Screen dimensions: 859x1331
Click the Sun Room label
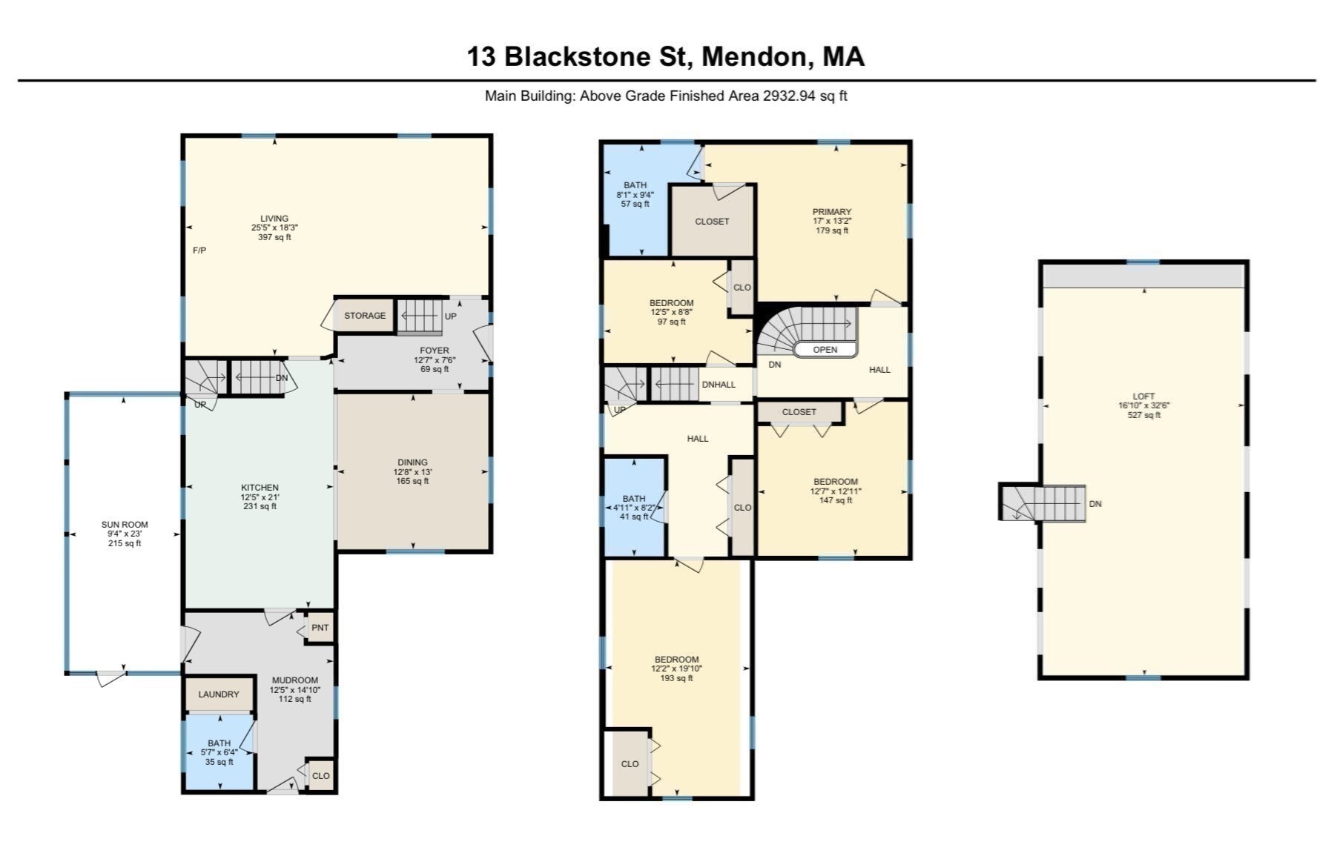click(x=125, y=525)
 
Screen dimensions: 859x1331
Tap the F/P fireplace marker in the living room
click(x=199, y=251)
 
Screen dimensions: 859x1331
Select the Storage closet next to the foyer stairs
click(x=364, y=316)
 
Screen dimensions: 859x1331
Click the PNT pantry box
click(x=320, y=628)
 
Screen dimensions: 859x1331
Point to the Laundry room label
click(x=219, y=694)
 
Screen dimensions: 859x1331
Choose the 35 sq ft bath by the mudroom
click(x=219, y=752)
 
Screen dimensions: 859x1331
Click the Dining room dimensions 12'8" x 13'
click(x=412, y=472)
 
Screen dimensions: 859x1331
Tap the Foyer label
click(x=435, y=351)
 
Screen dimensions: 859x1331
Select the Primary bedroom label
click(x=831, y=212)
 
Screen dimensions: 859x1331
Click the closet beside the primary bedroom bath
click(x=712, y=222)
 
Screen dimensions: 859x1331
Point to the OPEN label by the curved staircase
click(x=825, y=350)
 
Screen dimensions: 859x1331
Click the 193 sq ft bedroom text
click(x=676, y=678)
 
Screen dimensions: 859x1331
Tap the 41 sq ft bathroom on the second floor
click(x=635, y=508)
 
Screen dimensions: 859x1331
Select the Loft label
click(x=1143, y=397)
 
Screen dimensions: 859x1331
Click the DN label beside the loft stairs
click(x=1095, y=504)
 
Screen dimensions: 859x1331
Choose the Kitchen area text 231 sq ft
click(x=260, y=506)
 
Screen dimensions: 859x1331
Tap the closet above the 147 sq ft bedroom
click(x=799, y=412)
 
